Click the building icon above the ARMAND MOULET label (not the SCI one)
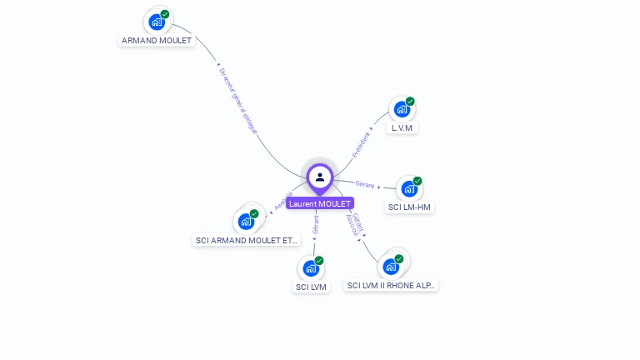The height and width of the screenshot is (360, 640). (x=156, y=22)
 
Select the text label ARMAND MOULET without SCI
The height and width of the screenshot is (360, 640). (x=157, y=40)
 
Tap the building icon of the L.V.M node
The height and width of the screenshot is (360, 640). (x=402, y=110)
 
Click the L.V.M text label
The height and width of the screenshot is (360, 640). (x=403, y=127)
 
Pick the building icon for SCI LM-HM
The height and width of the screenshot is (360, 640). (x=408, y=189)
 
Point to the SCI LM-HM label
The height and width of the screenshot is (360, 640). (x=410, y=207)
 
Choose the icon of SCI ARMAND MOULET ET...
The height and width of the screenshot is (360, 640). (x=245, y=222)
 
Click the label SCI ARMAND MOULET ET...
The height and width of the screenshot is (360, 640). (x=247, y=240)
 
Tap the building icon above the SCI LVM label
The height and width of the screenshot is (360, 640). (x=310, y=268)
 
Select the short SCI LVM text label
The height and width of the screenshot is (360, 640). (x=311, y=287)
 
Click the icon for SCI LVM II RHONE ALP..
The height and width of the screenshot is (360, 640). (x=390, y=267)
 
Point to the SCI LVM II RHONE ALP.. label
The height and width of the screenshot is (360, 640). (x=391, y=285)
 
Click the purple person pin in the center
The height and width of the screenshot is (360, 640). (x=320, y=177)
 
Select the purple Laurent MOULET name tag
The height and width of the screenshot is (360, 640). (x=320, y=203)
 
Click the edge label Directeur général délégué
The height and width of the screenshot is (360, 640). (x=238, y=102)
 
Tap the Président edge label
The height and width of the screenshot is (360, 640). (x=361, y=144)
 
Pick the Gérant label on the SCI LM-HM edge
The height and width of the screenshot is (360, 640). (x=365, y=184)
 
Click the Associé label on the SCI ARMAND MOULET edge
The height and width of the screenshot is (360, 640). (x=283, y=201)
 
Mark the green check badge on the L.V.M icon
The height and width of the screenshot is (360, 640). (x=410, y=102)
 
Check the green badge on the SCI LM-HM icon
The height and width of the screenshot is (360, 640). (x=417, y=181)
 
